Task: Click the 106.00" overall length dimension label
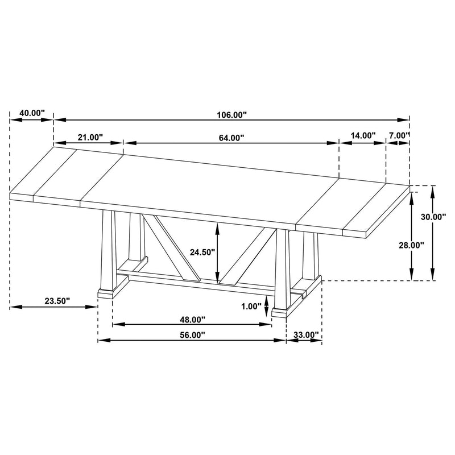click(x=231, y=115)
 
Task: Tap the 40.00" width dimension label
click(x=32, y=113)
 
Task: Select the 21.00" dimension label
click(x=90, y=137)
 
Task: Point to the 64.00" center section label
click(x=231, y=138)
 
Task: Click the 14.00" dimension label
click(x=363, y=135)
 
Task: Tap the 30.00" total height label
click(x=433, y=217)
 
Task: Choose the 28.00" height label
click(x=411, y=245)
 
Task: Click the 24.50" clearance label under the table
click(x=202, y=252)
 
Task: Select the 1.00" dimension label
click(x=251, y=306)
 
